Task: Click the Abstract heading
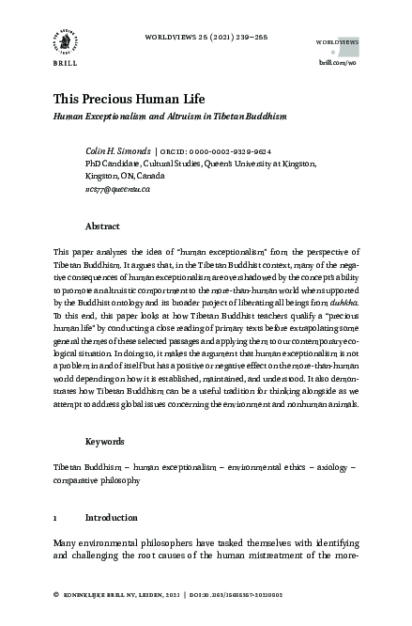pos(102,227)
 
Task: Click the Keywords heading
pos(105,441)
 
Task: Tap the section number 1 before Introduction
pos(56,517)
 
